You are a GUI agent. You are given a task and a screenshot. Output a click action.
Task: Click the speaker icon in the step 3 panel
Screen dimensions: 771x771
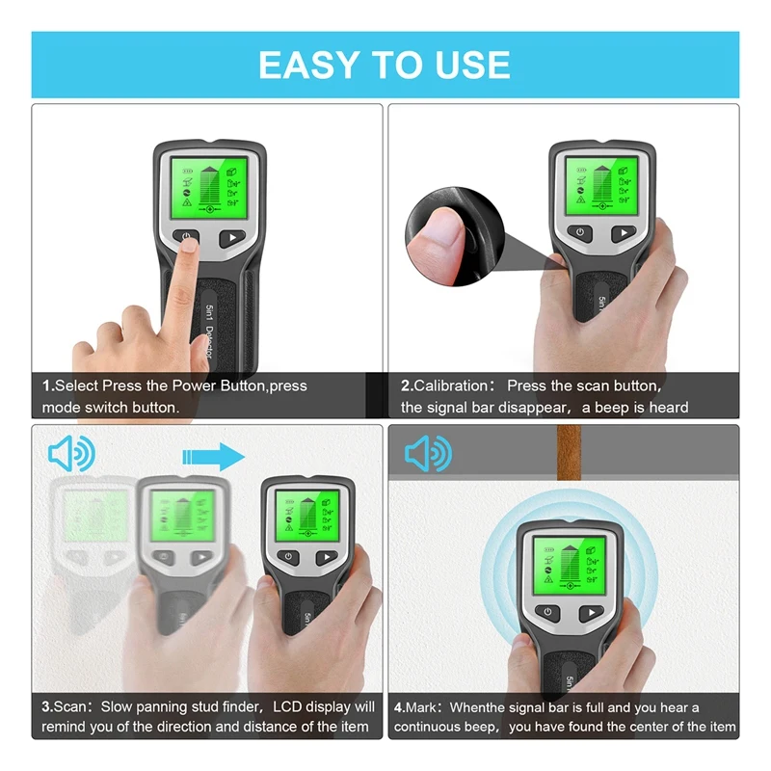71,454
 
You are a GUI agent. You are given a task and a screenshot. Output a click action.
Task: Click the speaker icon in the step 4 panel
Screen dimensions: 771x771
428,452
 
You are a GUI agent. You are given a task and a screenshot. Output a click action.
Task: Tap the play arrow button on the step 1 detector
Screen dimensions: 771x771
232,238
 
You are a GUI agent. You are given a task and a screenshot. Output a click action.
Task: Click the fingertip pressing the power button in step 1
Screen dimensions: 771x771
188,245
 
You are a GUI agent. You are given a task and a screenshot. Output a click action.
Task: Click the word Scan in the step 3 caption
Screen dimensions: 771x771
72,706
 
